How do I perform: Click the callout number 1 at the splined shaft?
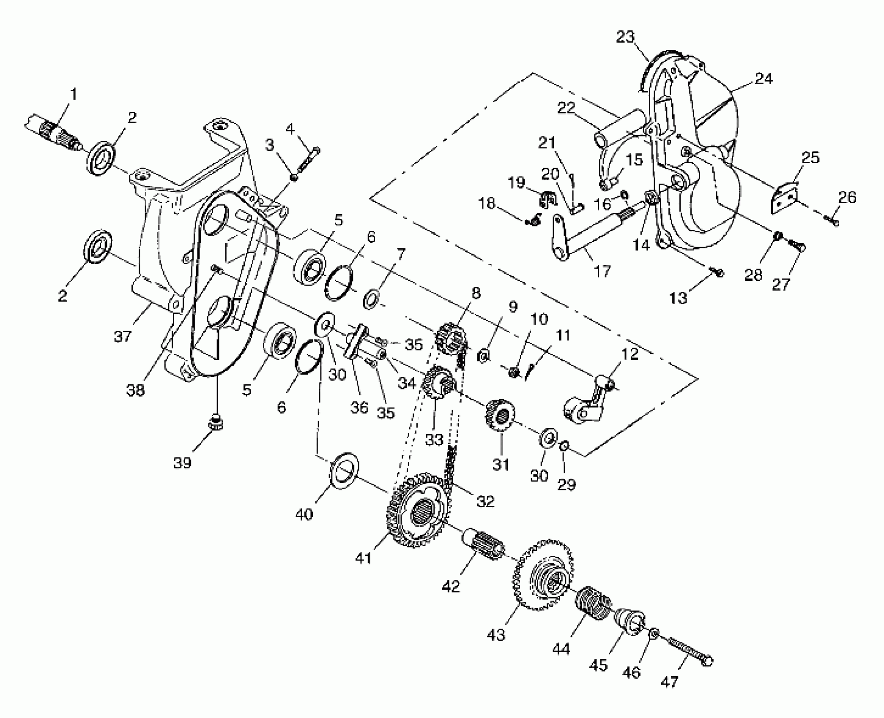74,94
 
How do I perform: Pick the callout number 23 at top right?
625,37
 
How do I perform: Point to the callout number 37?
123,337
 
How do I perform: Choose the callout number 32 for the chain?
485,501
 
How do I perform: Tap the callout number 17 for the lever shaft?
602,271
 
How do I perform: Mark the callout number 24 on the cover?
763,79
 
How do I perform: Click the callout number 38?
135,391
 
